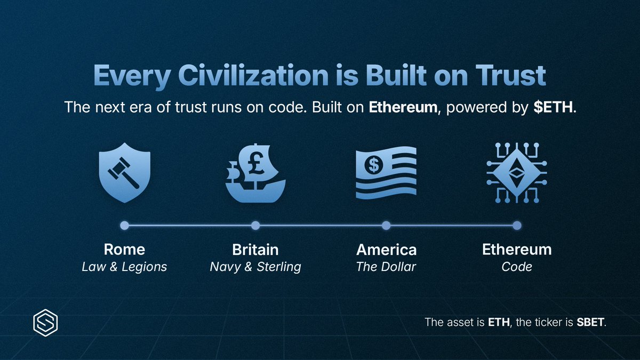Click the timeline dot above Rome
tap(124, 226)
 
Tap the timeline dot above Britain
tap(255, 226)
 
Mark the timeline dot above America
tap(386, 226)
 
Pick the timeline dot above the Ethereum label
tap(516, 226)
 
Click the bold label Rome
tap(124, 250)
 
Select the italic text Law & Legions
tap(124, 267)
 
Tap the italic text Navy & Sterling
tap(255, 267)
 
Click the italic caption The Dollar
tap(386, 267)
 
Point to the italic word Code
tap(516, 267)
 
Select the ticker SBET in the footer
tap(591, 323)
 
